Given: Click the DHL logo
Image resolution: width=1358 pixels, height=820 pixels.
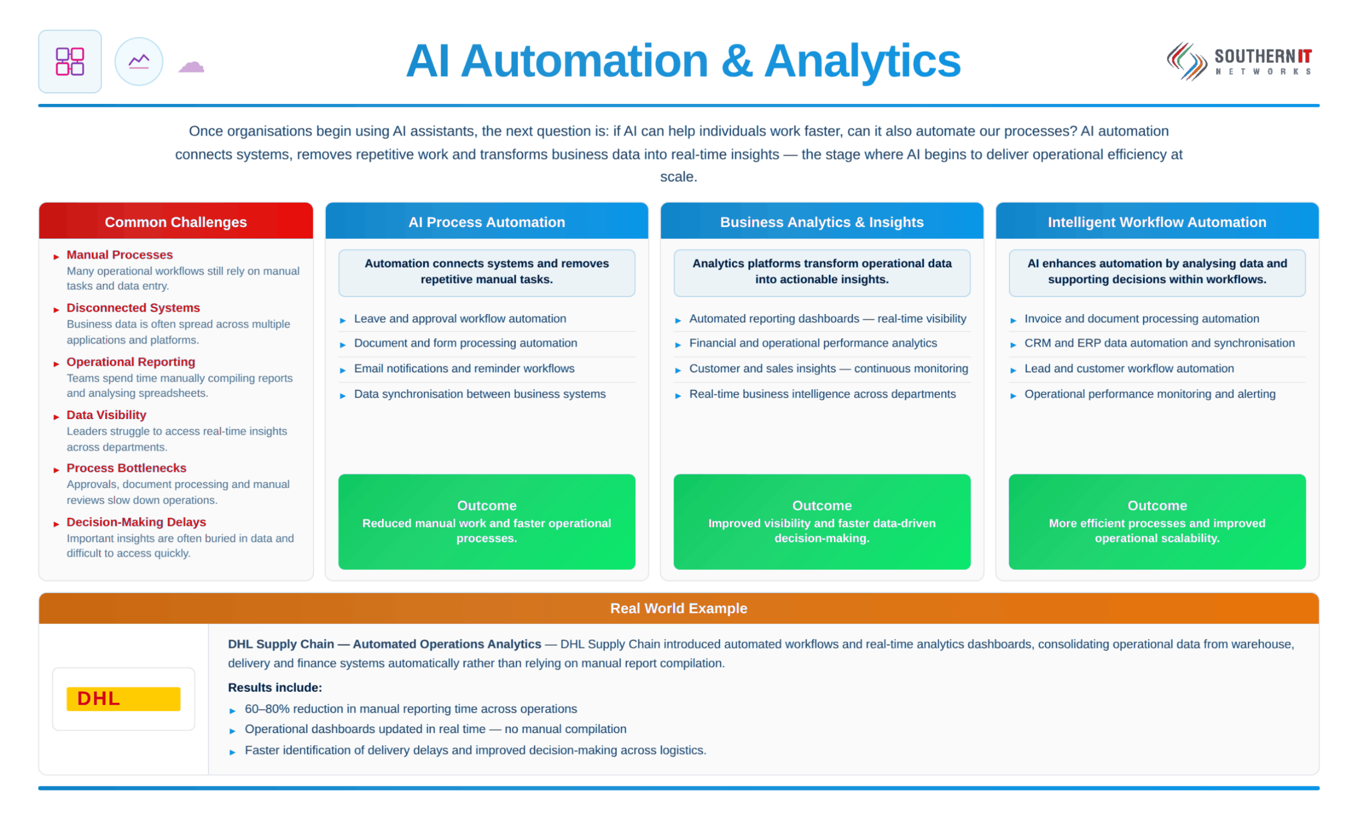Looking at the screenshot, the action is click(x=123, y=698).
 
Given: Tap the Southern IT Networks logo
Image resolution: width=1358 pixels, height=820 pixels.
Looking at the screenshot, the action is click(x=1239, y=62).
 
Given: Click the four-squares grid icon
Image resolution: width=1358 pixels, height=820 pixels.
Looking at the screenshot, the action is click(x=70, y=62).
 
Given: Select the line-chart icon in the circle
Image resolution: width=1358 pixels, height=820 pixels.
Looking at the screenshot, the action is click(x=139, y=62).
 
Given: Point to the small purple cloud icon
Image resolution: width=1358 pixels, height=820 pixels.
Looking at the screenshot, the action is click(x=192, y=66).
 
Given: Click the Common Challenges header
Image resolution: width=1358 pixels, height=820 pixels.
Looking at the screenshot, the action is click(x=176, y=222).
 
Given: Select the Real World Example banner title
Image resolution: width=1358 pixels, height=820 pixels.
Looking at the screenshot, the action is click(x=679, y=608).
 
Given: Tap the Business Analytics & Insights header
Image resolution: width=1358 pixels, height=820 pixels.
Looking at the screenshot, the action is click(x=822, y=222).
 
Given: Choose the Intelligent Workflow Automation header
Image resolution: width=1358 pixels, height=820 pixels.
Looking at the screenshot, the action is click(x=1157, y=222).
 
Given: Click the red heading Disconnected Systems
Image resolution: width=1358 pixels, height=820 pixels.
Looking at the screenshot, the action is click(x=133, y=308).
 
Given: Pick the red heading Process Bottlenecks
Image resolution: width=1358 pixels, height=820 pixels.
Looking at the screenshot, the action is click(x=127, y=468).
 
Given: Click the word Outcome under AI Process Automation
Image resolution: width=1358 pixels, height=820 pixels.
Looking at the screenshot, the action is click(x=487, y=505).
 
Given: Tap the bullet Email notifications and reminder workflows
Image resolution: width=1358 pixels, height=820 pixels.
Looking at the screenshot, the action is click(x=464, y=369).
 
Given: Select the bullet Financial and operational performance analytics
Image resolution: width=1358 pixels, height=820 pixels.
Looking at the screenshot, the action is click(x=813, y=343).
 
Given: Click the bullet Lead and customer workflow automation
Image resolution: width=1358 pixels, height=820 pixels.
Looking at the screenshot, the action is click(x=1129, y=369).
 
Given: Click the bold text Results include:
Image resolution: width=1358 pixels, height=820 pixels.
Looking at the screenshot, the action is click(x=275, y=687).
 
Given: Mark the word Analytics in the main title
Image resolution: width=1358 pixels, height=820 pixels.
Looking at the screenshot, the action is click(x=862, y=62).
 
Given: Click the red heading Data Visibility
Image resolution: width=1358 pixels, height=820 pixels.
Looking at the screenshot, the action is click(x=106, y=415).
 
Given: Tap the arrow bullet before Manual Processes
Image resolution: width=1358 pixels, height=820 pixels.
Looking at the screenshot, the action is click(x=56, y=257).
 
